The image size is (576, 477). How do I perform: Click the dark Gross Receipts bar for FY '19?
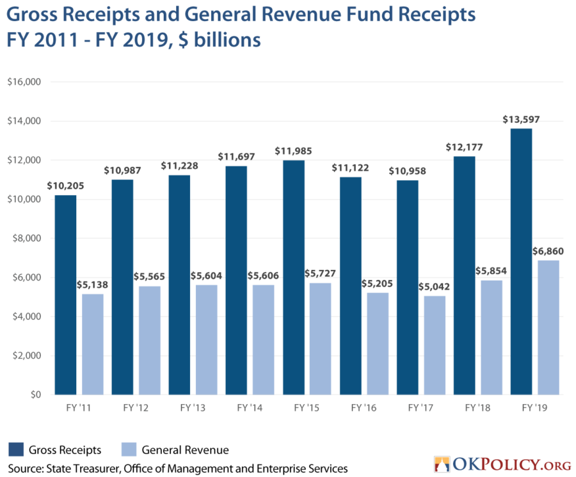(x=521, y=262)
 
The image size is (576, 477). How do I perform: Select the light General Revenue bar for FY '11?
(x=93, y=344)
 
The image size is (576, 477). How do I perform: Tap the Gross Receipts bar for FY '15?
(x=294, y=278)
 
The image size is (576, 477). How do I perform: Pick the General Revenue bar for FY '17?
(x=435, y=345)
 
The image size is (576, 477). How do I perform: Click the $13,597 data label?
(x=521, y=120)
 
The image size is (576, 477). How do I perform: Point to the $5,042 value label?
(x=434, y=286)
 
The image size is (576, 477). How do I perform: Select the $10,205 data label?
(x=65, y=185)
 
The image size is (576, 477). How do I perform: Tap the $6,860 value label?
(x=548, y=251)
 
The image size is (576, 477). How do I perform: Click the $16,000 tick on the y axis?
(x=24, y=82)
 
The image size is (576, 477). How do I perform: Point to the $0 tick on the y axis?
(x=36, y=395)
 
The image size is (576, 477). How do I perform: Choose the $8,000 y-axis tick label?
(x=27, y=238)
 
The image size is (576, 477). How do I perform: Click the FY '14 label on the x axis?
(x=250, y=408)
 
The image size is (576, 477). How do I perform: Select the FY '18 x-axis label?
(x=477, y=408)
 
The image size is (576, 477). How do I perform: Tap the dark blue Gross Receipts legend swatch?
(x=16, y=450)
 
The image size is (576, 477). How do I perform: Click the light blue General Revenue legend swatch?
(x=129, y=450)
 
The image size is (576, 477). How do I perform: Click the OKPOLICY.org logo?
(x=502, y=464)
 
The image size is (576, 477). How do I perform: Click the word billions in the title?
(x=227, y=40)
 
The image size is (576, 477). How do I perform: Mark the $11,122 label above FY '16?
(x=350, y=168)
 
